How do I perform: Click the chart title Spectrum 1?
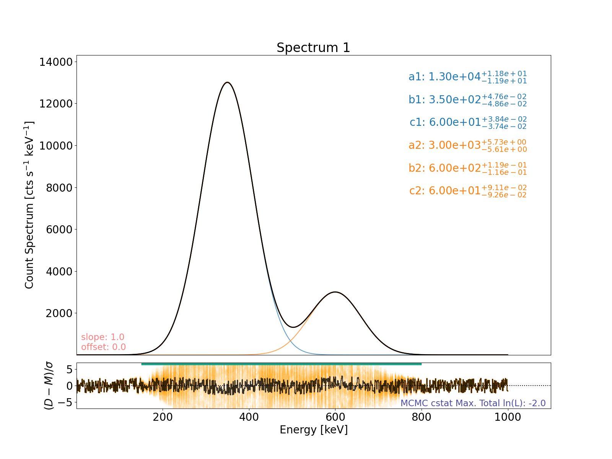click(x=313, y=48)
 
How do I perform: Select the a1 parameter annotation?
click(x=467, y=77)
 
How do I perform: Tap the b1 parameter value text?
click(x=467, y=100)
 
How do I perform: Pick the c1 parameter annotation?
click(x=467, y=122)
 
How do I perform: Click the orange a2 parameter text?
click(x=467, y=145)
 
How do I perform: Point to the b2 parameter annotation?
click(x=467, y=168)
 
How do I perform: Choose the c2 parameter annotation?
click(x=467, y=190)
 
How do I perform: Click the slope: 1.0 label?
click(x=103, y=337)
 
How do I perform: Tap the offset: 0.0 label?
click(x=103, y=347)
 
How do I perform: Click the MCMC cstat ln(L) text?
click(x=473, y=403)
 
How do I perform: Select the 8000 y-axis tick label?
click(x=58, y=187)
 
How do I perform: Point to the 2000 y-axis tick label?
click(x=58, y=313)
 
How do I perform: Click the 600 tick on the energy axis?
click(x=335, y=417)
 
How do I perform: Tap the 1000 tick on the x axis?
click(x=508, y=417)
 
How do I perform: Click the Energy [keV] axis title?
click(x=314, y=430)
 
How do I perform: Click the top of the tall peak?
click(x=228, y=82)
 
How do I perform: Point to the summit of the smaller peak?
click(x=335, y=292)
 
